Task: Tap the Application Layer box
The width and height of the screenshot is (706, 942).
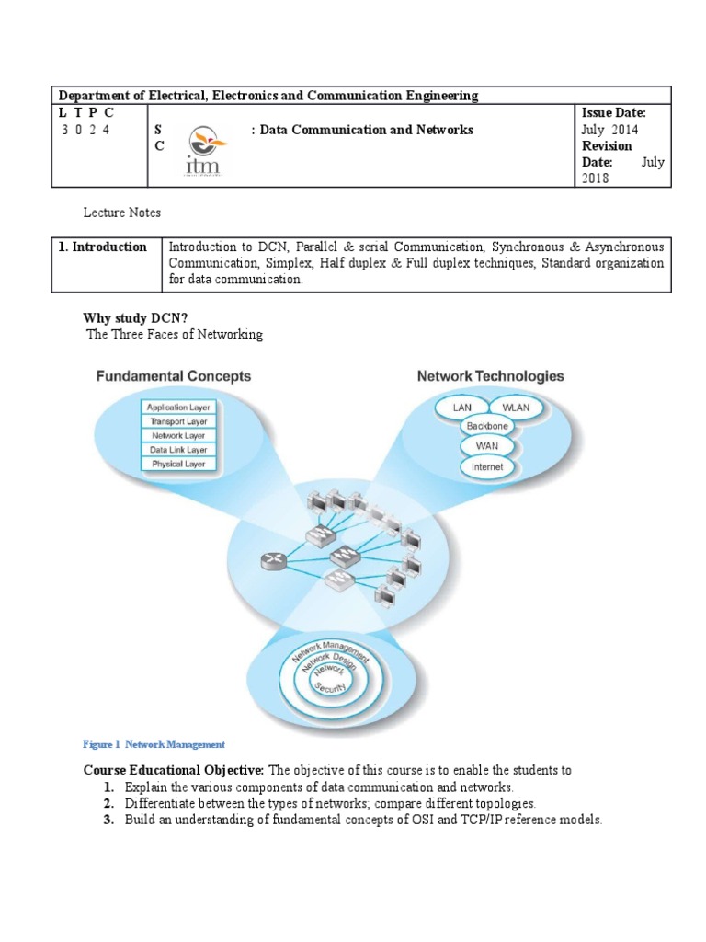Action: click(x=178, y=407)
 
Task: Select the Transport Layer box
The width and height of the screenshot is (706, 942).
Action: click(x=178, y=421)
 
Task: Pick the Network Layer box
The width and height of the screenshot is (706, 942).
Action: click(x=178, y=436)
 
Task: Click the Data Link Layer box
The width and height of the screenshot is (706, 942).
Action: click(x=178, y=450)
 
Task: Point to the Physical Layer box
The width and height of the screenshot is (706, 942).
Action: click(x=178, y=465)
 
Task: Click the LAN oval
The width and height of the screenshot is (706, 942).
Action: click(x=461, y=407)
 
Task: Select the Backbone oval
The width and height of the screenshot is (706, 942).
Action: click(x=486, y=427)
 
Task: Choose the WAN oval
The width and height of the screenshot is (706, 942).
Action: click(x=486, y=446)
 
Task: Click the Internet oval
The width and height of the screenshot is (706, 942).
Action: click(x=486, y=467)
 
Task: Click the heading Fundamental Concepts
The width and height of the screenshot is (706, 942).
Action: click(x=173, y=376)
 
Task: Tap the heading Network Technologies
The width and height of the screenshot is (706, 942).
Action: click(x=491, y=376)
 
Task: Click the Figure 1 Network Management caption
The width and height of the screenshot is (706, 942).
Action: click(x=154, y=744)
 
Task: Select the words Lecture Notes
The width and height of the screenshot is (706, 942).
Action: click(x=121, y=213)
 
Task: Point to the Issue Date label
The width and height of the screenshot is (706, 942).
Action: click(x=614, y=112)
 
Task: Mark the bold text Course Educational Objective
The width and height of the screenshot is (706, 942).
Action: click(x=174, y=770)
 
